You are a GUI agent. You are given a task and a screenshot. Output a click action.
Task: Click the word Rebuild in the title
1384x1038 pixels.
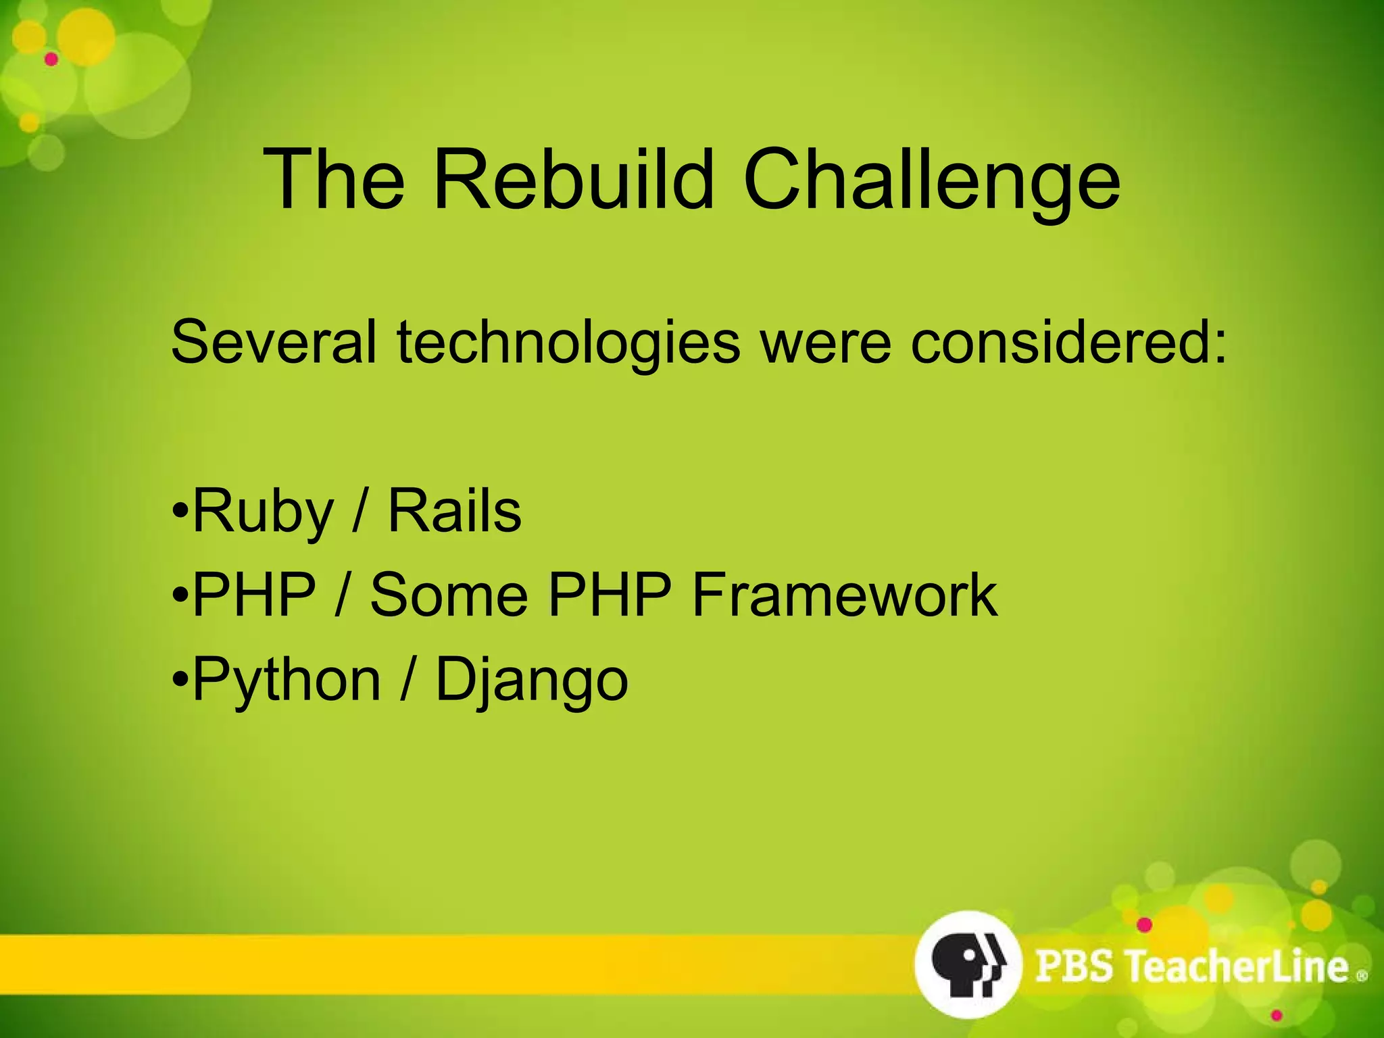[573, 180]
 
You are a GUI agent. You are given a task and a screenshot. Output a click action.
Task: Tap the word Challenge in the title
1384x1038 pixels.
[932, 180]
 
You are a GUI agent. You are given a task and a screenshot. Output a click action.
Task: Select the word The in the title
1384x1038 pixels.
[334, 180]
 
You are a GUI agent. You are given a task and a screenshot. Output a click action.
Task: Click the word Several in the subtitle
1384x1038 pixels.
[274, 342]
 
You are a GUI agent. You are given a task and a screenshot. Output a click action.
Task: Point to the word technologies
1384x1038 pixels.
[568, 342]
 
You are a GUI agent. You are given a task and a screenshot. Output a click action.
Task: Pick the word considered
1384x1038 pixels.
[1068, 342]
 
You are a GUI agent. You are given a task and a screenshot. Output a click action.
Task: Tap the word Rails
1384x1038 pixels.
[454, 512]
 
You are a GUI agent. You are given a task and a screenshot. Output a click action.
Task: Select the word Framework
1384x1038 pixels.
[845, 595]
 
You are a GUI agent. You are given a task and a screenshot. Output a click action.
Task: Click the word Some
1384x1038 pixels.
[449, 595]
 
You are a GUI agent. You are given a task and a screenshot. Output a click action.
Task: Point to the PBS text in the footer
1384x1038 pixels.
[1074, 966]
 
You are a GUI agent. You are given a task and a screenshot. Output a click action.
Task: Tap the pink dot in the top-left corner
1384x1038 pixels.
[51, 59]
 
